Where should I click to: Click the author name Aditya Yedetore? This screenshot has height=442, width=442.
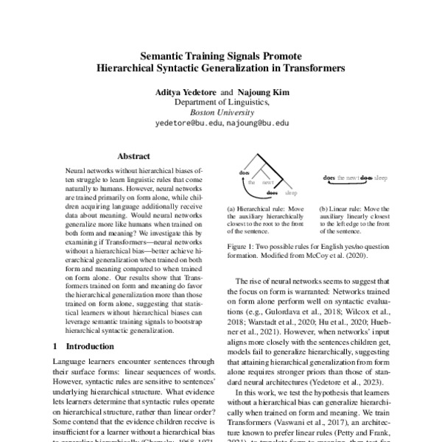(x=182, y=93)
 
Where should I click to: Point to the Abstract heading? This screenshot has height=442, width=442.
(x=134, y=156)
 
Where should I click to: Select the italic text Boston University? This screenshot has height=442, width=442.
(x=222, y=113)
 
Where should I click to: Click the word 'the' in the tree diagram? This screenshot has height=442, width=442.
(x=251, y=182)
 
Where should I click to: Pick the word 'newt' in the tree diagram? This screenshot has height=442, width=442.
(x=268, y=182)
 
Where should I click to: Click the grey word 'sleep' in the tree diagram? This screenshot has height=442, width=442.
(x=292, y=193)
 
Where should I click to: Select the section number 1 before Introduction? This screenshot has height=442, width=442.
(x=57, y=345)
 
